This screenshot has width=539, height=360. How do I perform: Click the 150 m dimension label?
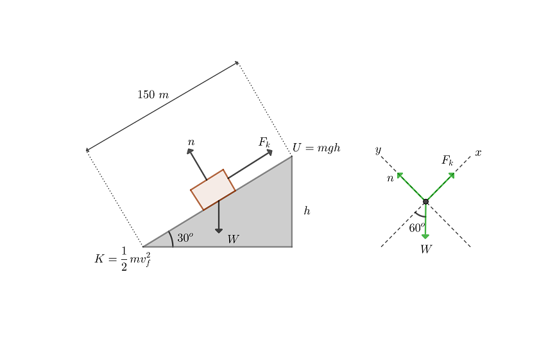point(153,94)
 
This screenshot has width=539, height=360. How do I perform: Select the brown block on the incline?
point(213,189)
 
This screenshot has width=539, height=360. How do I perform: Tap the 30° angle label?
point(185,237)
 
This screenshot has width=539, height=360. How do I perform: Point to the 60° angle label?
point(417,227)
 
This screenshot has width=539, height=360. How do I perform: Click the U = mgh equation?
point(316,148)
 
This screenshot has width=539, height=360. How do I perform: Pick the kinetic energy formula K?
point(123,259)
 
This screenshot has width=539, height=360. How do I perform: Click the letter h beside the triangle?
point(307,210)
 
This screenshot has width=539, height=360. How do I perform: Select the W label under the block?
point(233,239)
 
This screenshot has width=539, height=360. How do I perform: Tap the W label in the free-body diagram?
point(426,249)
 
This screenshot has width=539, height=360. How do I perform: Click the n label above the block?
point(191,142)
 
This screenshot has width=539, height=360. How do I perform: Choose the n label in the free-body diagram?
point(390,178)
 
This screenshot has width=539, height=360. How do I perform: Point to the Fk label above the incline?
point(264,142)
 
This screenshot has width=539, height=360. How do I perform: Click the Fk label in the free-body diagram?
point(447,160)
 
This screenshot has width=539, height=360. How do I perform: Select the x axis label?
point(478,153)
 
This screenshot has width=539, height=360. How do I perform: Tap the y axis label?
point(378,150)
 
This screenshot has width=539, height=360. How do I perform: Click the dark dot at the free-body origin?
point(425,201)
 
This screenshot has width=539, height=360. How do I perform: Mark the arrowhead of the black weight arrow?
point(219,231)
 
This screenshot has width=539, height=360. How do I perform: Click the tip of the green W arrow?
point(425,239)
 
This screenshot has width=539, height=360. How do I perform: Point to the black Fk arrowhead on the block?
point(269,152)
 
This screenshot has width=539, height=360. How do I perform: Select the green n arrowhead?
point(400,175)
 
